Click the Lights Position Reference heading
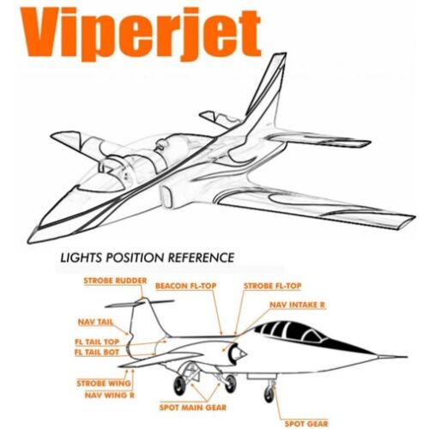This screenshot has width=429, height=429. click(x=148, y=257)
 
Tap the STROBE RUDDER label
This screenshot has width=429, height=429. click(x=115, y=281)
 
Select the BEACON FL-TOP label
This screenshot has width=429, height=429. click(x=186, y=286)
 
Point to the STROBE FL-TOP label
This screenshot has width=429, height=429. click(x=273, y=286)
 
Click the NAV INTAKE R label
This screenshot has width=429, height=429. click(x=298, y=305)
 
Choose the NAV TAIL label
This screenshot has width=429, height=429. click(x=95, y=322)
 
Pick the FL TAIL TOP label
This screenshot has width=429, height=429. click(x=97, y=341)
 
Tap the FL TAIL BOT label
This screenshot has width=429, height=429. click(x=97, y=352)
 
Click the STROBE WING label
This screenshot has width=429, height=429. click(x=104, y=384)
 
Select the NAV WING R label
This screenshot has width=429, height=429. click(x=110, y=396)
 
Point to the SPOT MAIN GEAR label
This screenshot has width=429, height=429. click(x=193, y=408)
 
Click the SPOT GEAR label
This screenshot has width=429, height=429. click(x=306, y=424)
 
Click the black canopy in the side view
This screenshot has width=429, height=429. click(x=311, y=336)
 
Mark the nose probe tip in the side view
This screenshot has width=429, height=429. click(x=407, y=357)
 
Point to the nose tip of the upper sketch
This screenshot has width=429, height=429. click(x=29, y=242)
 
